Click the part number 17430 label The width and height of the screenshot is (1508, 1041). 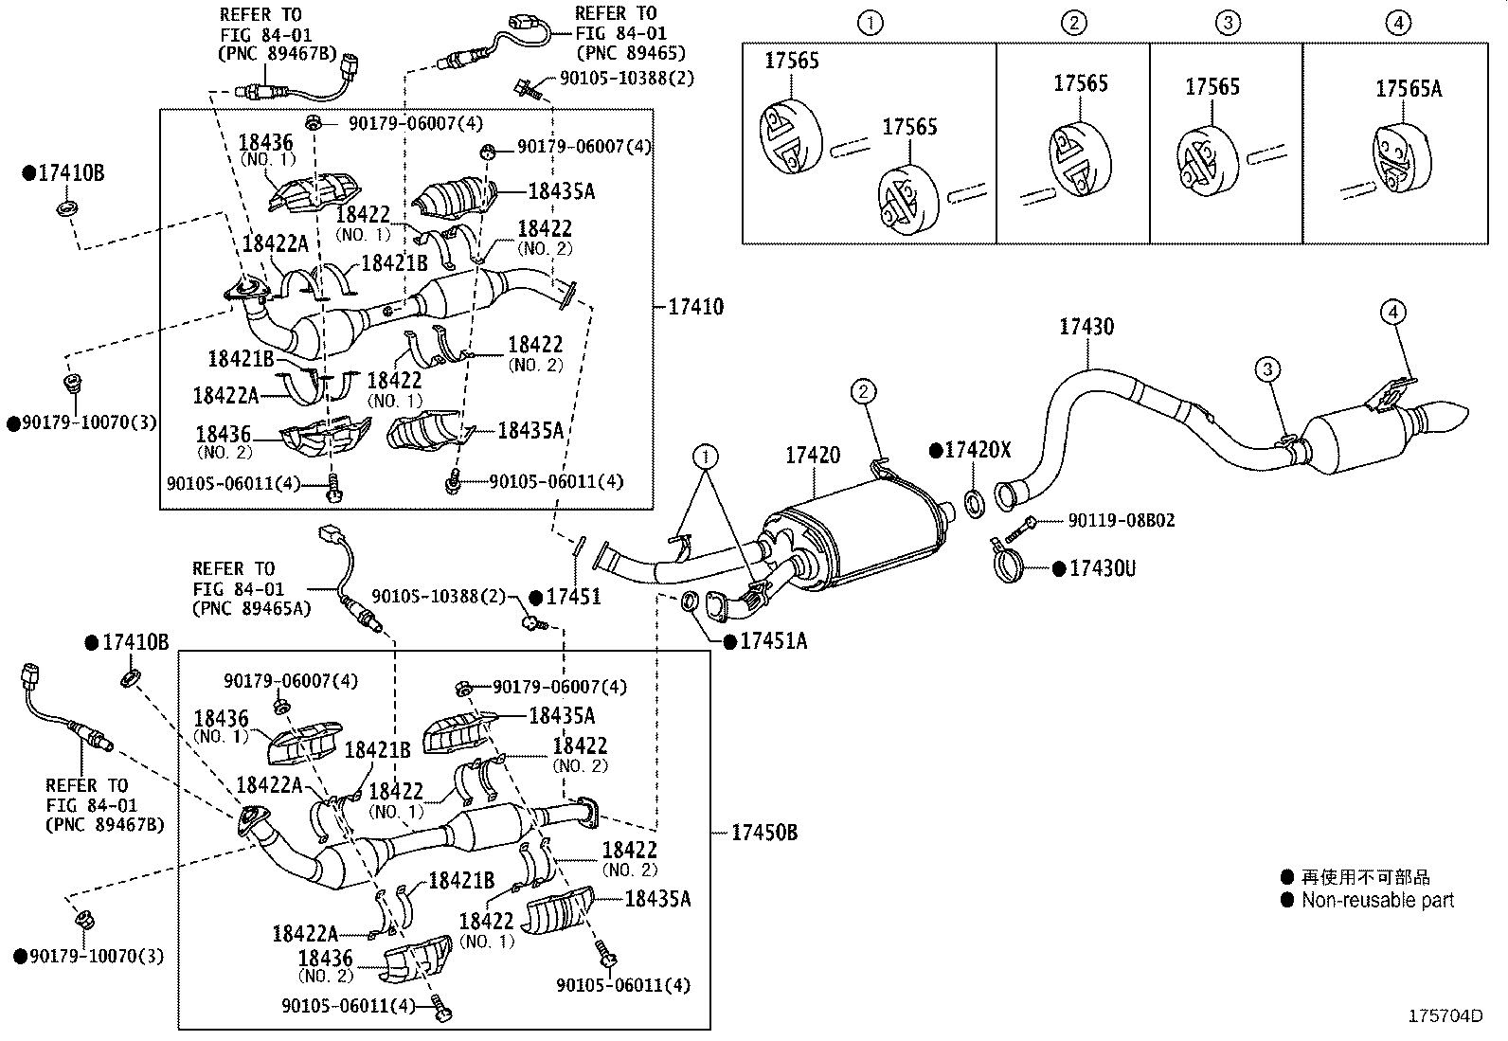coord(1086,327)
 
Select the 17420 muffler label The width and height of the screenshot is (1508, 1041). coord(812,456)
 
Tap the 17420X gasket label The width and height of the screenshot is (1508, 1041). coord(978,450)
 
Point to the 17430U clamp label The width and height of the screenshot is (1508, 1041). coord(1102,568)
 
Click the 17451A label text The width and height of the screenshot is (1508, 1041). coord(773,641)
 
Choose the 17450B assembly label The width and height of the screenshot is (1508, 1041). coord(763,833)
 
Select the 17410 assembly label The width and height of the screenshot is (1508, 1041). coord(695,306)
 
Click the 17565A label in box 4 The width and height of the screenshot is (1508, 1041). coord(1408,89)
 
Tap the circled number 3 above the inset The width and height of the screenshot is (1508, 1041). coord(1227,23)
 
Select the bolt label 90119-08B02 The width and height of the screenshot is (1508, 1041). coord(1121,520)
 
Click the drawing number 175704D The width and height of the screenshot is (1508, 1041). coord(1445,1015)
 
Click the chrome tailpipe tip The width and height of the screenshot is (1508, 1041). coord(1441,417)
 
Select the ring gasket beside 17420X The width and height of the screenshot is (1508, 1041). coord(974,502)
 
